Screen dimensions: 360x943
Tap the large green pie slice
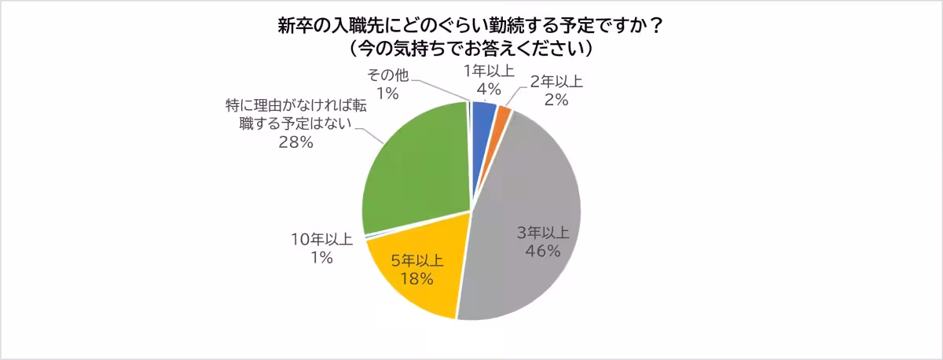tap(416, 173)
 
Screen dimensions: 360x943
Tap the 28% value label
tap(297, 142)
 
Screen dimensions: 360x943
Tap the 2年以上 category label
tap(556, 82)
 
